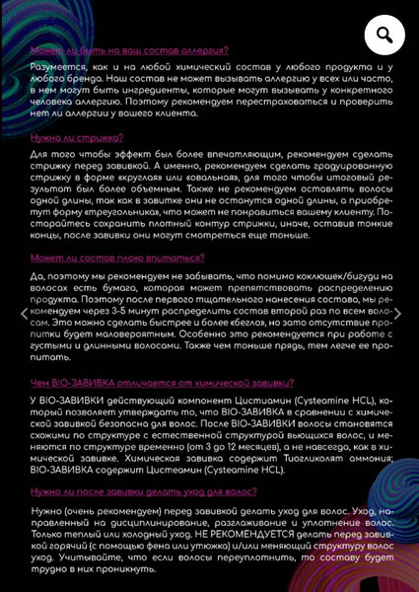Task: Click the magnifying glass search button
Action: tap(384, 37)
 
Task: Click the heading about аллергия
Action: tap(129, 50)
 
